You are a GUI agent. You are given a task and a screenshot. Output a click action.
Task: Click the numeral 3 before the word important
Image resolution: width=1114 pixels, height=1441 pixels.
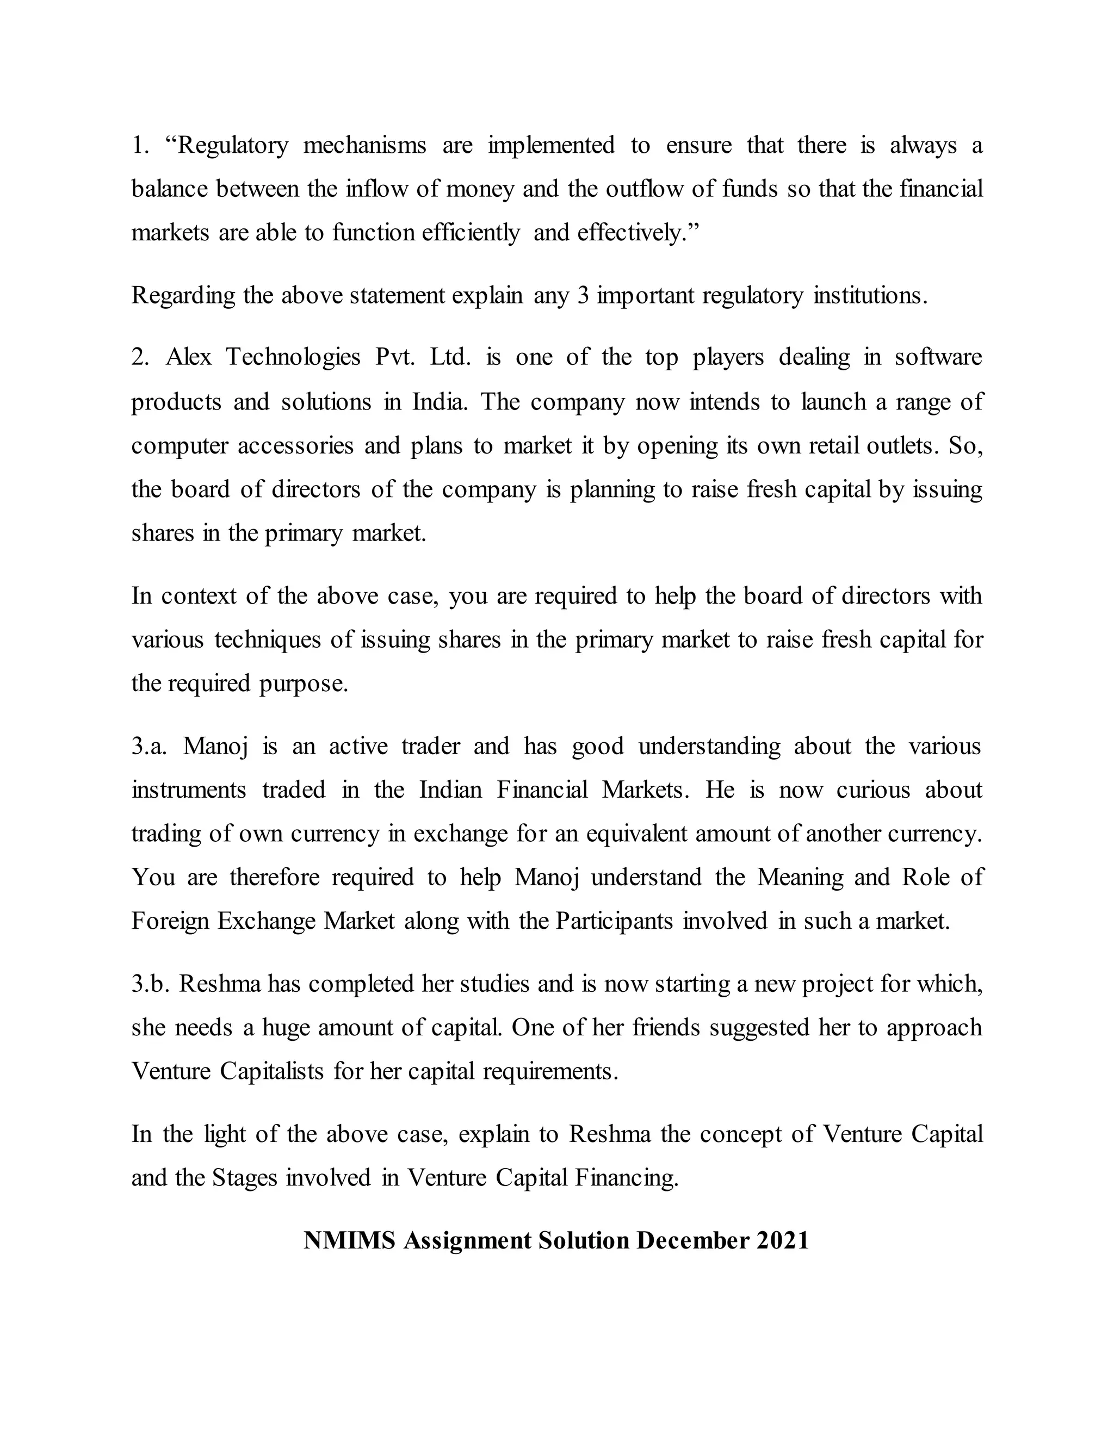(583, 295)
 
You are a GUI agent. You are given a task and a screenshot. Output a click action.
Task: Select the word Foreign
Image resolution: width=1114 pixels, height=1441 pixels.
(170, 921)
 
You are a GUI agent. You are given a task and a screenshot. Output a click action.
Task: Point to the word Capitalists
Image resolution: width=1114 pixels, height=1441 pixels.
(271, 1071)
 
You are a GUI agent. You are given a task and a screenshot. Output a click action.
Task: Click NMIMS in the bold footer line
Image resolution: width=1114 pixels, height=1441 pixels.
(349, 1240)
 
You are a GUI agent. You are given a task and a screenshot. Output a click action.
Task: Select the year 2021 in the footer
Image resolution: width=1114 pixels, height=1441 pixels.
(782, 1240)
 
